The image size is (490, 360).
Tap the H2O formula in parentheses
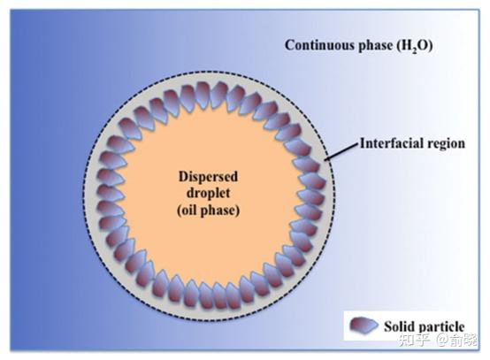click(x=415, y=46)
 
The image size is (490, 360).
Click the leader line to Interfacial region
click(x=341, y=152)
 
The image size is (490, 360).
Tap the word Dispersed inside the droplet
click(x=208, y=177)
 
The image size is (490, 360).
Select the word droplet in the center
click(x=208, y=193)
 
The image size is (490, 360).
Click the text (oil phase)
click(x=208, y=210)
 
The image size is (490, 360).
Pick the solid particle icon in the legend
click(x=364, y=326)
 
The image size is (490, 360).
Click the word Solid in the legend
click(x=397, y=326)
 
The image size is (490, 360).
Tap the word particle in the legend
click(x=439, y=327)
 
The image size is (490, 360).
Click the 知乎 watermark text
click(x=414, y=340)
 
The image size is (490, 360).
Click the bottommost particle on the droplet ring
click(x=206, y=295)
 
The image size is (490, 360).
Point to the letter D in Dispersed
click(x=183, y=177)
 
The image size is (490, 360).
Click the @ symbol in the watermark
click(x=442, y=340)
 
